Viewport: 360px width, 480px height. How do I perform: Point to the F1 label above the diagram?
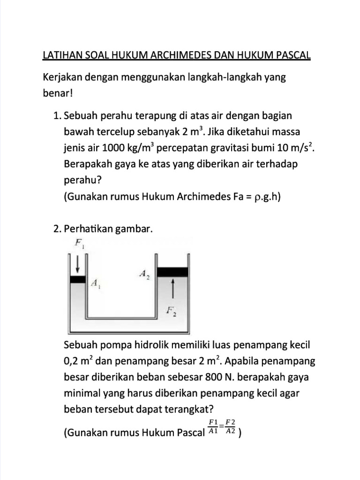[78, 243]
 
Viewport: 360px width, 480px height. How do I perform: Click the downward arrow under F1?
[78, 265]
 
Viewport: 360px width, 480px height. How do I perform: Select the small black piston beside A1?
[78, 279]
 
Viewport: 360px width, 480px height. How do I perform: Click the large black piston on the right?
[172, 271]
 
